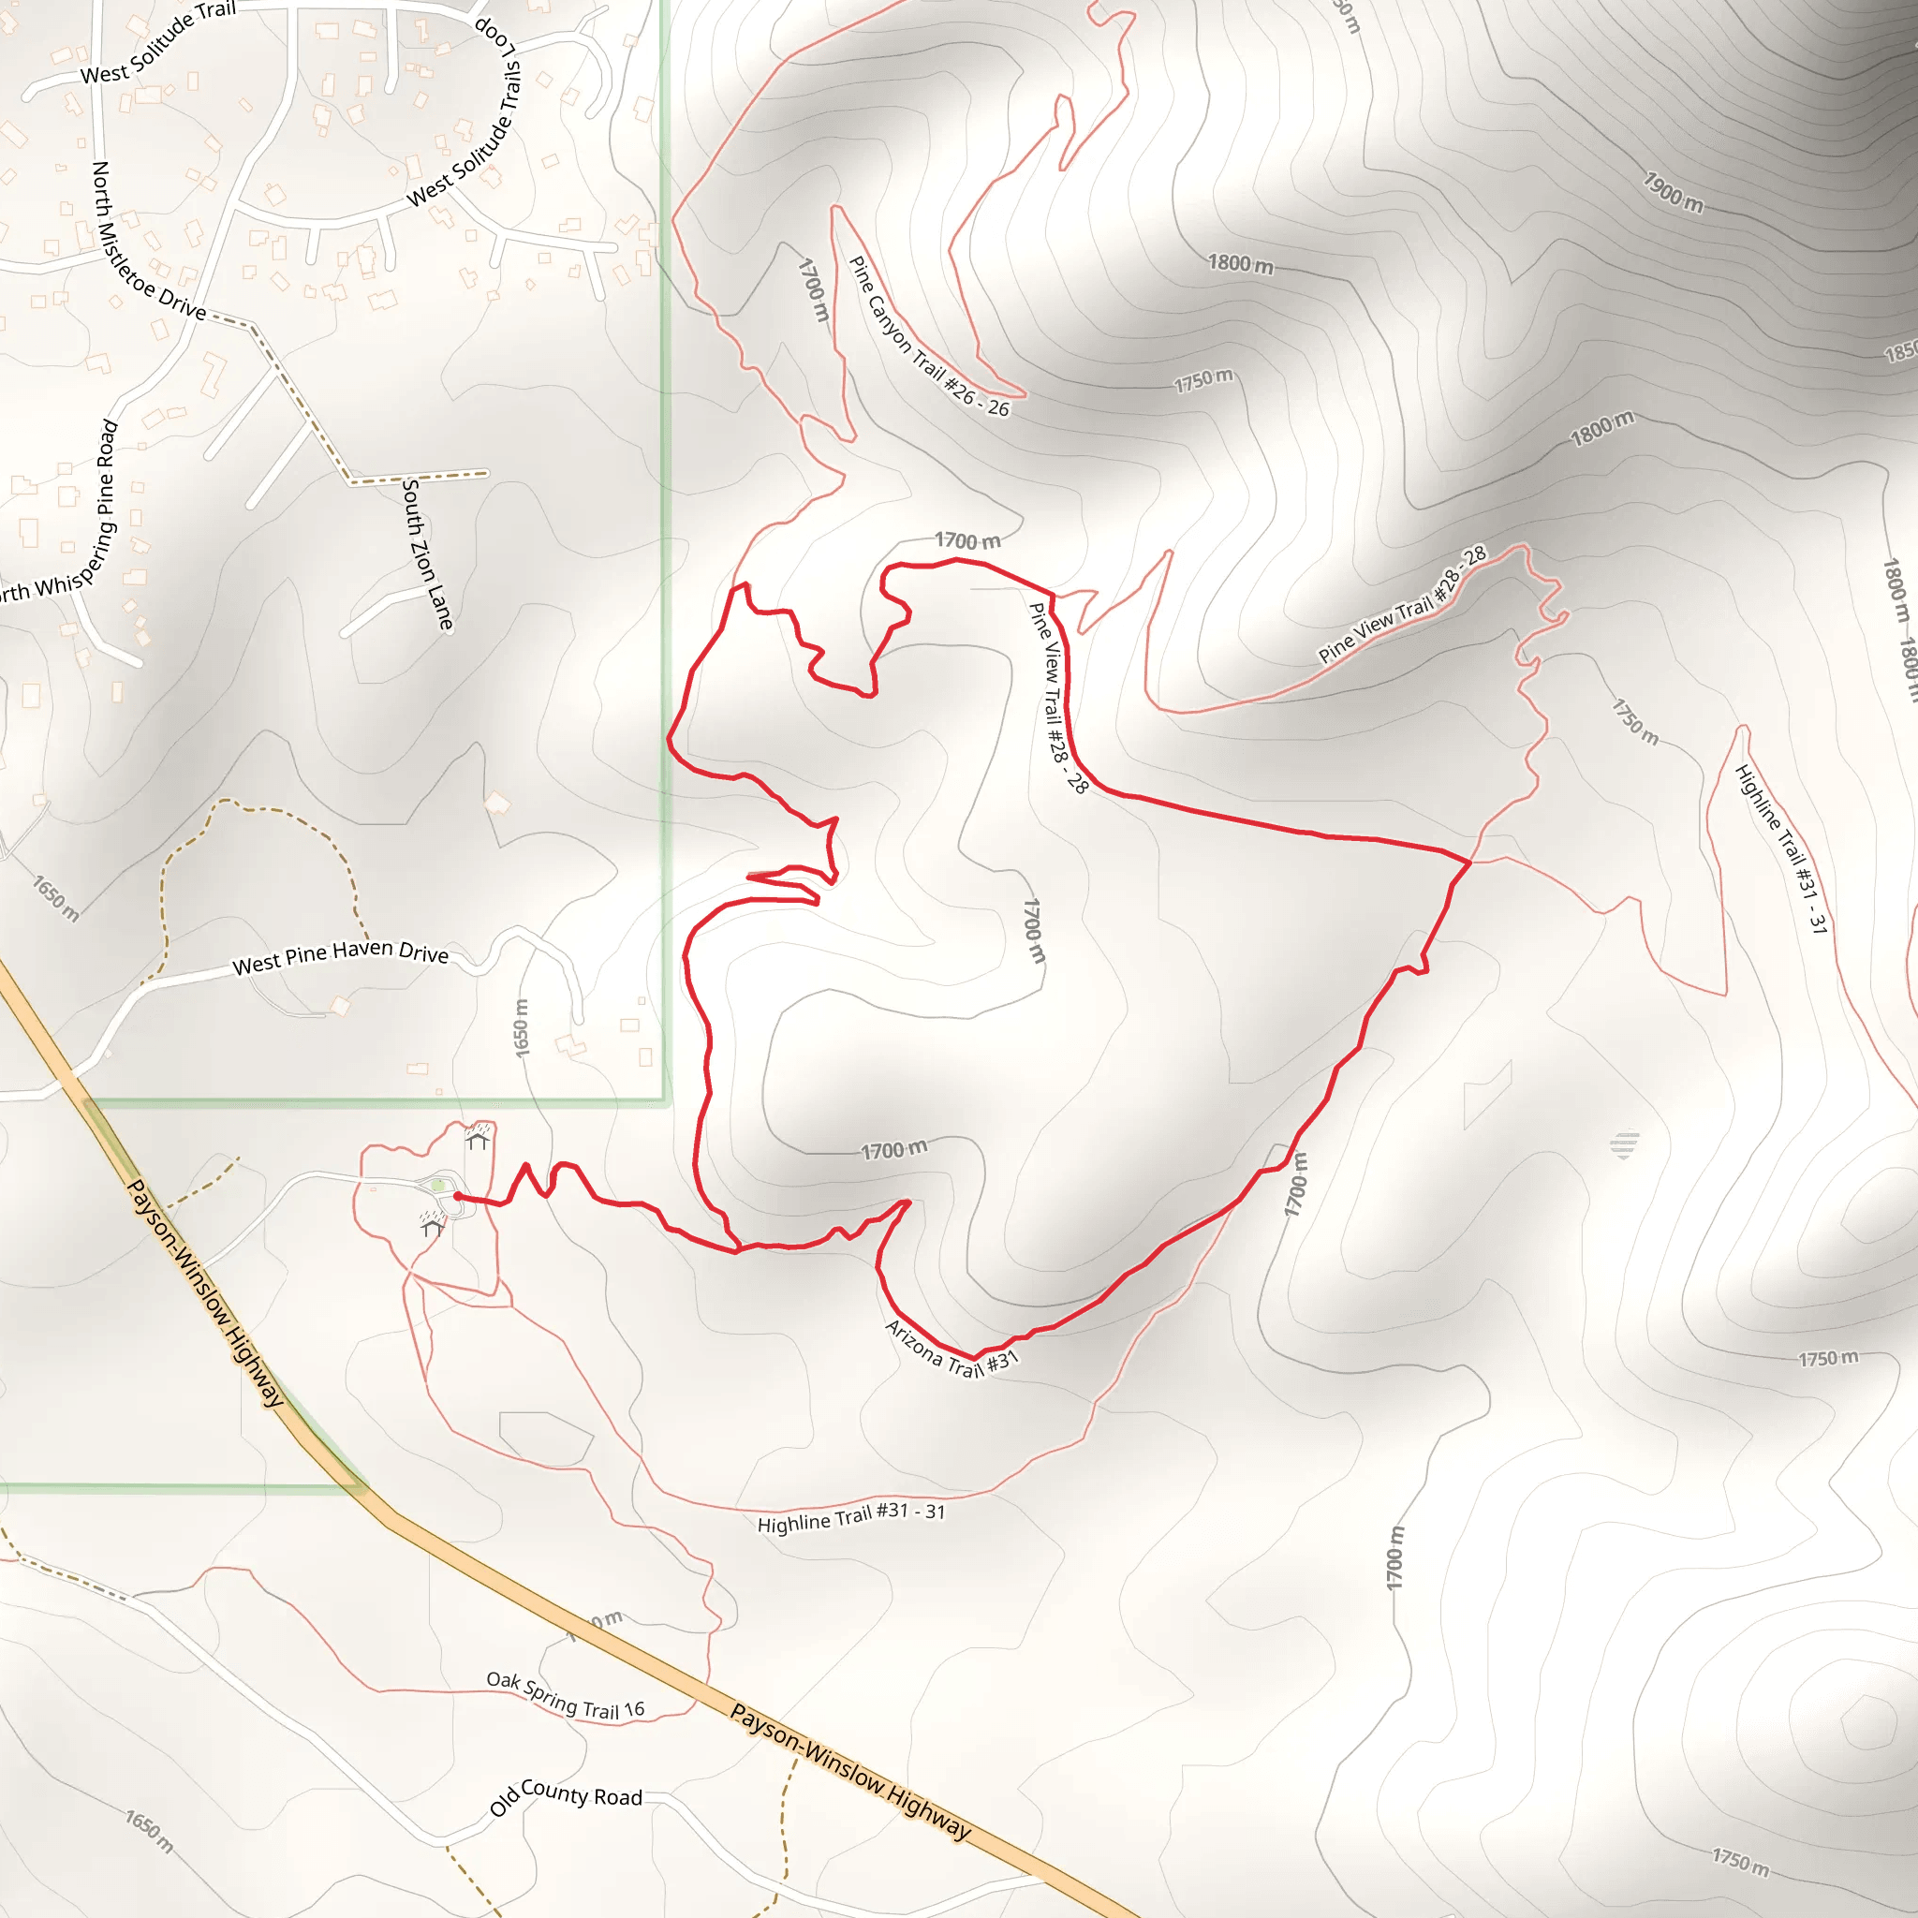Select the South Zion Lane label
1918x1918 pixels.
pyautogui.click(x=428, y=554)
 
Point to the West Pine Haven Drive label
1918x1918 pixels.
pyautogui.click(x=341, y=957)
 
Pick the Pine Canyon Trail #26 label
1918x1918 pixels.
pyautogui.click(x=928, y=336)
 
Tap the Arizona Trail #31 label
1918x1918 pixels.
pyautogui.click(x=952, y=1350)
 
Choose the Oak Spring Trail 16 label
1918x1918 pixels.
pyautogui.click(x=565, y=1694)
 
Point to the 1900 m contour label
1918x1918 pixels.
pyautogui.click(x=1673, y=193)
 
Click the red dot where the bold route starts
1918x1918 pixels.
pyautogui.click(x=458, y=1197)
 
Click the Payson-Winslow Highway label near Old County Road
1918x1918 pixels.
pyautogui.click(x=849, y=1771)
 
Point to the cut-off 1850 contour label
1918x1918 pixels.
pyautogui.click(x=1900, y=351)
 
